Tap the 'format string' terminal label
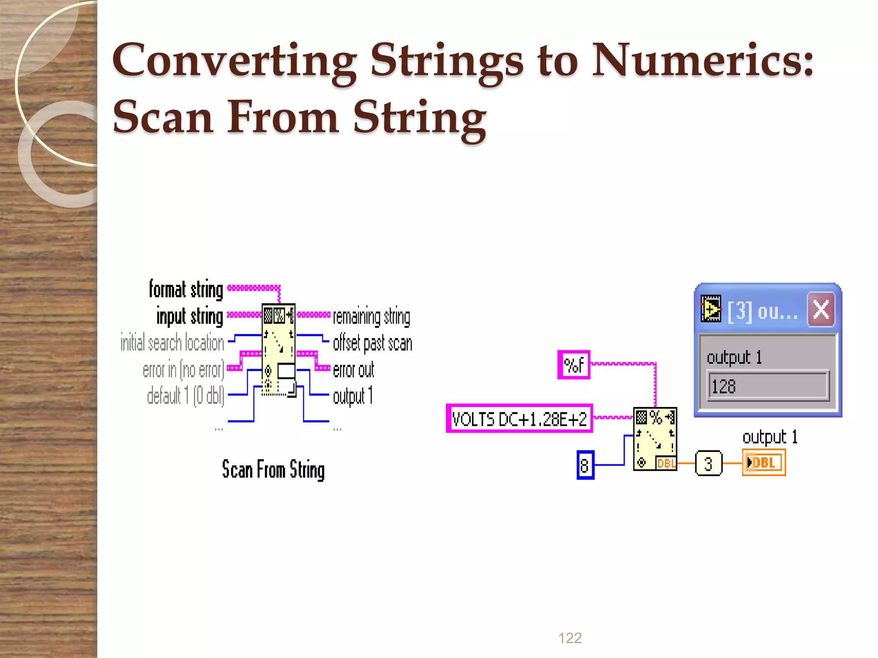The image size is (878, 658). click(x=186, y=289)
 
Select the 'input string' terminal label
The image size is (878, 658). click(x=189, y=317)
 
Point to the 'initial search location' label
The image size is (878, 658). click(x=172, y=343)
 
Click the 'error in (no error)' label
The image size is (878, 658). click(x=183, y=370)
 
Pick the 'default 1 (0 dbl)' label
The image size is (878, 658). click(x=185, y=395)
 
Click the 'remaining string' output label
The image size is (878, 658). click(x=371, y=317)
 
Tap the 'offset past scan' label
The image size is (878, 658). click(x=372, y=344)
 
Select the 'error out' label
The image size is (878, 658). click(x=353, y=370)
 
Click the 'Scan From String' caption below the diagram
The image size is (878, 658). click(x=273, y=469)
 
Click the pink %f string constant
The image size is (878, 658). click(x=574, y=365)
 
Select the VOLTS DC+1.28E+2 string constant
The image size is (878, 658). click(x=519, y=419)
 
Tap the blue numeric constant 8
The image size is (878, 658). click(x=585, y=465)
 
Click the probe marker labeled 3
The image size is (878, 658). click(x=708, y=464)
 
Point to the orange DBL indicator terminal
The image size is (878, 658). click(x=764, y=463)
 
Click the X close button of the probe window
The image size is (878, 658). click(x=821, y=309)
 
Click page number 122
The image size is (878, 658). click(x=570, y=638)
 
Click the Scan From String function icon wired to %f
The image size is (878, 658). click(x=655, y=439)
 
